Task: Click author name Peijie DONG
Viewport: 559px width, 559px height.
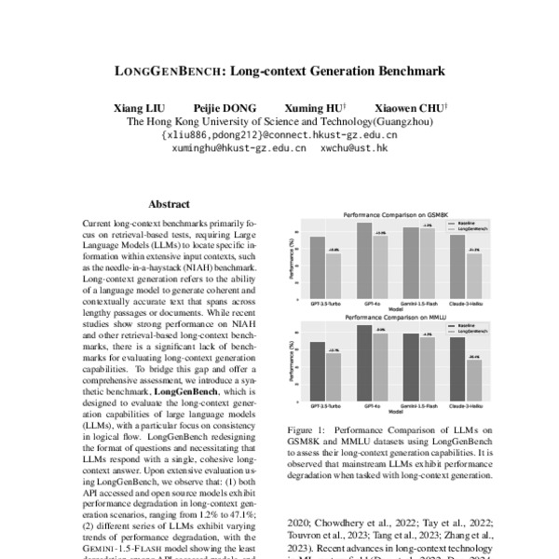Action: point(225,107)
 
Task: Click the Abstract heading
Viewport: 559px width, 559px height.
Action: point(169,204)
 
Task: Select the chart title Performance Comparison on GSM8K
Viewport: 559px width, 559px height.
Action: point(392,214)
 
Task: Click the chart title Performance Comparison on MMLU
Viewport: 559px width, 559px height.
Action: point(392,318)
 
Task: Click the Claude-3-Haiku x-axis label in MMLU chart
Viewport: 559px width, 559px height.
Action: point(467,407)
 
